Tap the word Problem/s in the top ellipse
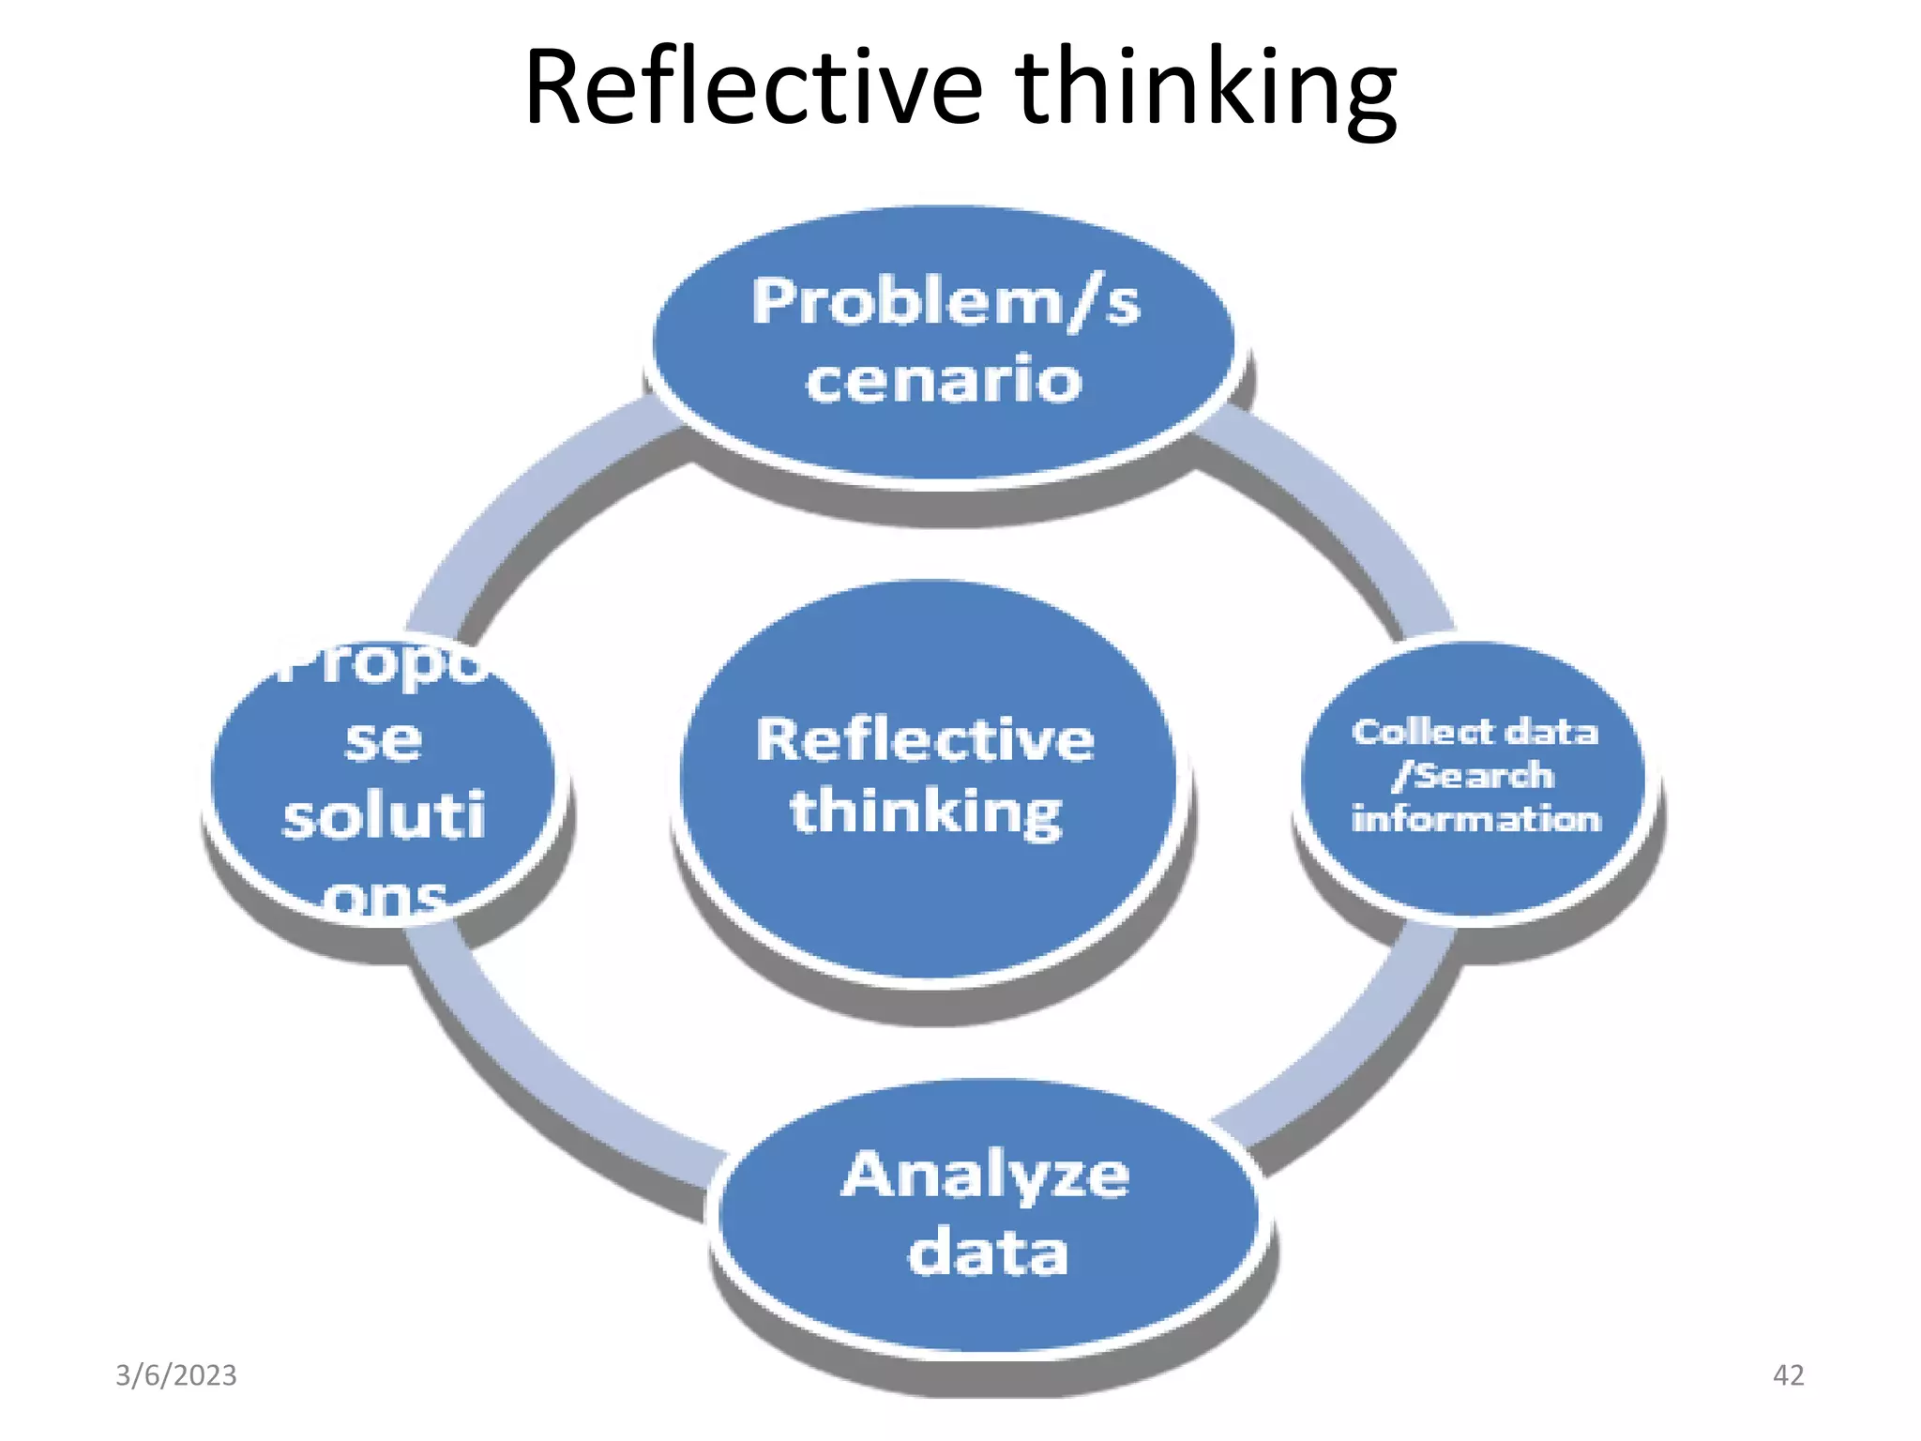pos(945,302)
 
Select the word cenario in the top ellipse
pos(944,380)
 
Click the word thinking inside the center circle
pos(926,812)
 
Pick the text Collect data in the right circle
pos(1475,732)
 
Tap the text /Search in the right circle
pos(1474,776)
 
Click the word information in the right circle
pos(1475,819)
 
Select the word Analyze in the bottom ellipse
pos(985,1176)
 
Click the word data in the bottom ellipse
pos(988,1253)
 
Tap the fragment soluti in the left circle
pos(384,816)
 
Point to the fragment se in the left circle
pos(383,740)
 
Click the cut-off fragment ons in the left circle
pos(385,901)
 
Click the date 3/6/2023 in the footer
pos(176,1375)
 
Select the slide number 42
pos(1788,1375)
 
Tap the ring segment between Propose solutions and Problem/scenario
pos(525,507)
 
